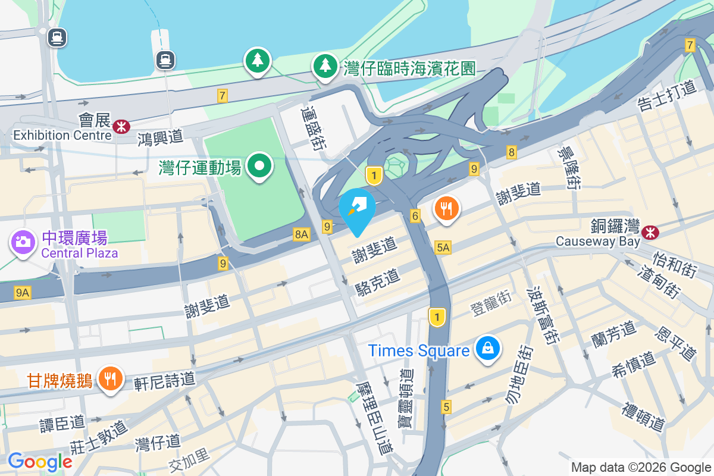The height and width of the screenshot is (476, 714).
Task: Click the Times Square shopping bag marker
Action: [487, 349]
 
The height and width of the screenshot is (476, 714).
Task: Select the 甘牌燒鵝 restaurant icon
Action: [110, 378]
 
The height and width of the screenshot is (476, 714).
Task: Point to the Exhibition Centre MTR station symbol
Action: [121, 126]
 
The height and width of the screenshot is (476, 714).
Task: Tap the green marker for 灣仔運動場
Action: [259, 165]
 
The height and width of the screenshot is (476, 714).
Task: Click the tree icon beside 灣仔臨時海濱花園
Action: [325, 65]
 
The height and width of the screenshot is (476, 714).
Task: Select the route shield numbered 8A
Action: [302, 235]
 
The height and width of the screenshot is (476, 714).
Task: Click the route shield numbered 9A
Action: [23, 292]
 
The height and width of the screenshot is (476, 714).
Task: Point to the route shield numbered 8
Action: [512, 152]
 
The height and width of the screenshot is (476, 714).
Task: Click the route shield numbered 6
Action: [415, 216]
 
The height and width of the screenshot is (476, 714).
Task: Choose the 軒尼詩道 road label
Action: [164, 378]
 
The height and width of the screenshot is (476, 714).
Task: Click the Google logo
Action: [40, 462]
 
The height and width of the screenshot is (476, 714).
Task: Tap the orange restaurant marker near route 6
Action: [447, 208]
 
